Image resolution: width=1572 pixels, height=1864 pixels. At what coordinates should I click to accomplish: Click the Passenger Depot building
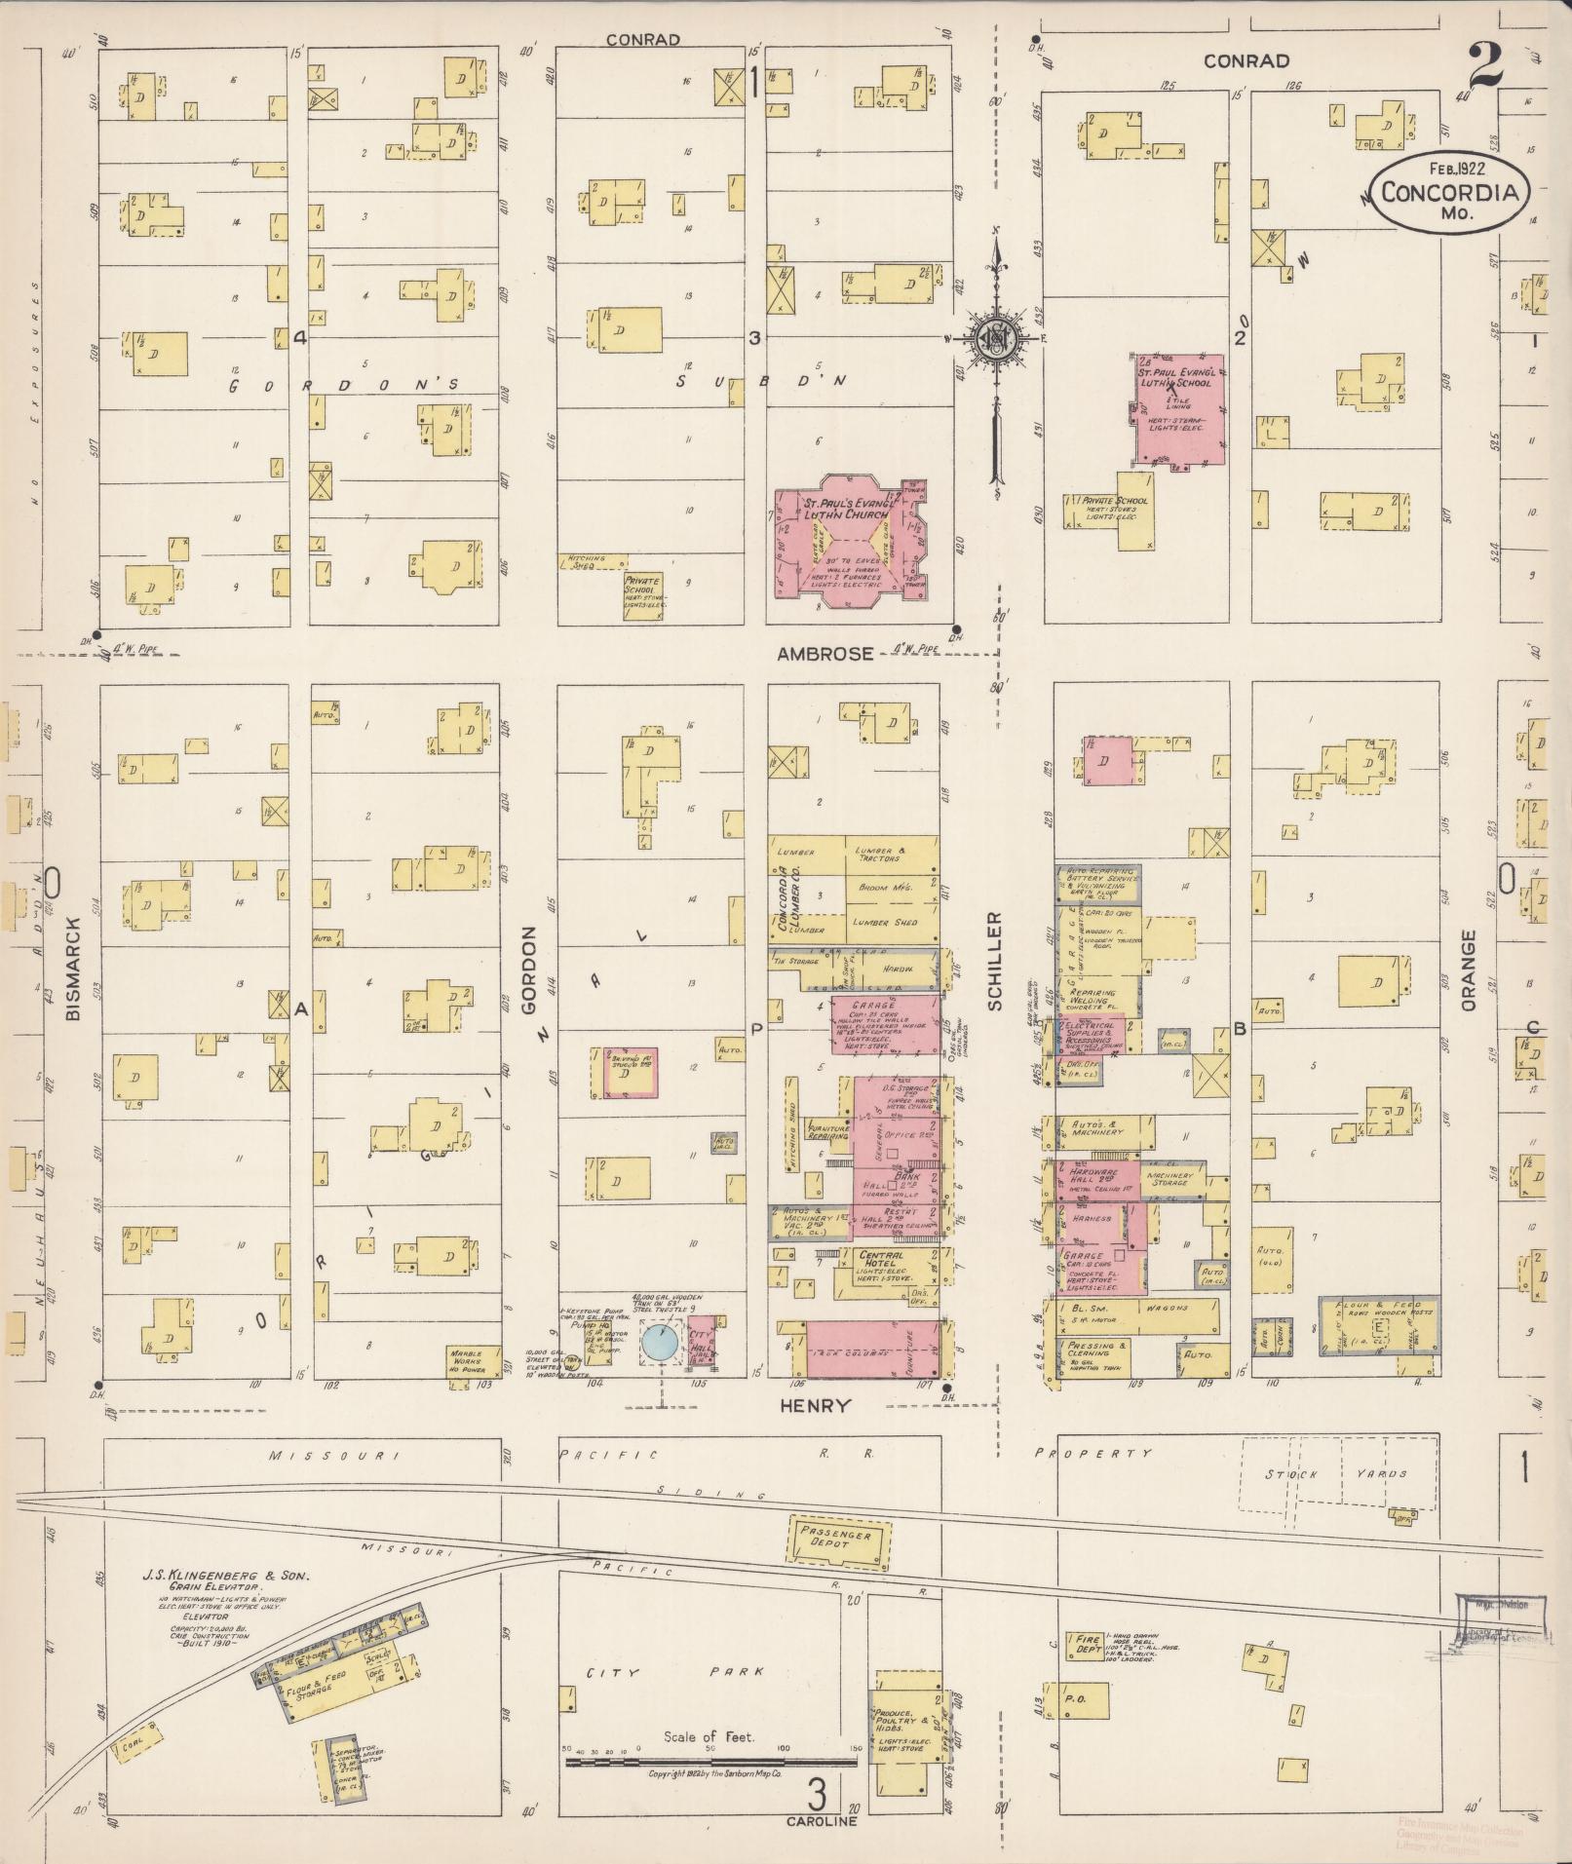(x=838, y=1539)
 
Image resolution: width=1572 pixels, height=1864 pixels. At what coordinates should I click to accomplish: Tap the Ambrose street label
(x=824, y=654)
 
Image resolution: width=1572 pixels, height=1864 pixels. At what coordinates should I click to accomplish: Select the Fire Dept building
(x=1085, y=1646)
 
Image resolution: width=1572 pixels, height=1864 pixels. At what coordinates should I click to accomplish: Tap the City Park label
(x=663, y=1672)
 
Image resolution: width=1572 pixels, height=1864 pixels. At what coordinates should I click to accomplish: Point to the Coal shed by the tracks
(x=136, y=1749)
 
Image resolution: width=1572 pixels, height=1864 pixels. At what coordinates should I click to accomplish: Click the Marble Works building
(x=472, y=1359)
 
